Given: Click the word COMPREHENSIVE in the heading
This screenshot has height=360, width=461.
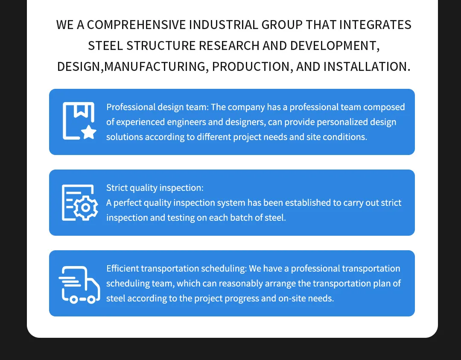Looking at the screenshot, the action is (137, 25).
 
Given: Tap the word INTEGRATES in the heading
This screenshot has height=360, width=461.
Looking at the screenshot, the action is (375, 25).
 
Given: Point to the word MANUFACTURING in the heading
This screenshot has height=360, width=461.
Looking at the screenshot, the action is (155, 67).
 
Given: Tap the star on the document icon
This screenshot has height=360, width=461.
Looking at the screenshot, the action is (88, 132).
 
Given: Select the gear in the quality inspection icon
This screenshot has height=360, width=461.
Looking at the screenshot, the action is (85, 208).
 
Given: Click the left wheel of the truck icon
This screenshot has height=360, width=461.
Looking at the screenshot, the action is (74, 300).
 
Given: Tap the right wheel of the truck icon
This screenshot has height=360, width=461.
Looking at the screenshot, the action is (91, 300).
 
